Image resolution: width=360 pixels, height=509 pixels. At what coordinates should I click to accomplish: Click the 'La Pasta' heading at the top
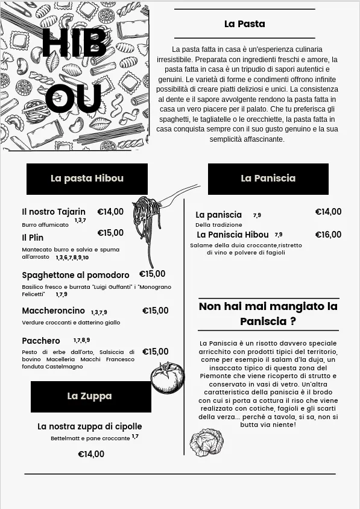pyautogui.click(x=244, y=24)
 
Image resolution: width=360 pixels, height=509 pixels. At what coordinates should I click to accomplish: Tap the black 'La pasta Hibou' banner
pyautogui.click(x=87, y=179)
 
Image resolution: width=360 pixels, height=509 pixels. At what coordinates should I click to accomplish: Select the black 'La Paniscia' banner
pyautogui.click(x=268, y=179)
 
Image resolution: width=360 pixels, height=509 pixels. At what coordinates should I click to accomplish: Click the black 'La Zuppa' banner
pyautogui.click(x=90, y=396)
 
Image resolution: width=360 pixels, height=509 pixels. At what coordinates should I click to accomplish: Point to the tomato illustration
pyautogui.click(x=167, y=378)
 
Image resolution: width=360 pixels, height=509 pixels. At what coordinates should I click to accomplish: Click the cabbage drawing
pyautogui.click(x=206, y=443)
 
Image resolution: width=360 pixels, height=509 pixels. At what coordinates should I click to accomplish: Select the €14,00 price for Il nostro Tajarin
pyautogui.click(x=110, y=212)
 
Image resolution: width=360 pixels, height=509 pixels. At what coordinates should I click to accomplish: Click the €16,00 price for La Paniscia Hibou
pyautogui.click(x=328, y=235)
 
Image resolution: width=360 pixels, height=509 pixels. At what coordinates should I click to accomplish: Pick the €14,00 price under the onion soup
pyautogui.click(x=91, y=455)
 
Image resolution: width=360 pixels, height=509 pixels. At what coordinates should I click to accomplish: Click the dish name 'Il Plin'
pyautogui.click(x=33, y=238)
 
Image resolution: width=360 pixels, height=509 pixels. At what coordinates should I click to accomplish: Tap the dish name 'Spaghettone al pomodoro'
pyautogui.click(x=75, y=276)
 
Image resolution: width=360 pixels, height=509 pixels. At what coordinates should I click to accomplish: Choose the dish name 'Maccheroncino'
pyautogui.click(x=54, y=311)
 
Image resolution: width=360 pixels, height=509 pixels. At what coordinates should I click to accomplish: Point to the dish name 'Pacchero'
pyautogui.click(x=41, y=341)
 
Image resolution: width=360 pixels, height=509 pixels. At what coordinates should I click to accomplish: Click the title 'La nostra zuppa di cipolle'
pyautogui.click(x=90, y=427)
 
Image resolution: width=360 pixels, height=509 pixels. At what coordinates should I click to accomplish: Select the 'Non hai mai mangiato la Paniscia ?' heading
pyautogui.click(x=268, y=314)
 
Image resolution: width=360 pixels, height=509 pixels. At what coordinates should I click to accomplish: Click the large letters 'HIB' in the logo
pyautogui.click(x=74, y=44)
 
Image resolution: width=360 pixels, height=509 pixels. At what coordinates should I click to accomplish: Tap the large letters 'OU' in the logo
pyautogui.click(x=73, y=99)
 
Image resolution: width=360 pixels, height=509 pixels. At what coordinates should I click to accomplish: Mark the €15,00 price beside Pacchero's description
pyautogui.click(x=155, y=352)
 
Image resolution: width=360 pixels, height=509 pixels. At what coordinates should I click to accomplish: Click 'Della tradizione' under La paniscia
pyautogui.click(x=219, y=225)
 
